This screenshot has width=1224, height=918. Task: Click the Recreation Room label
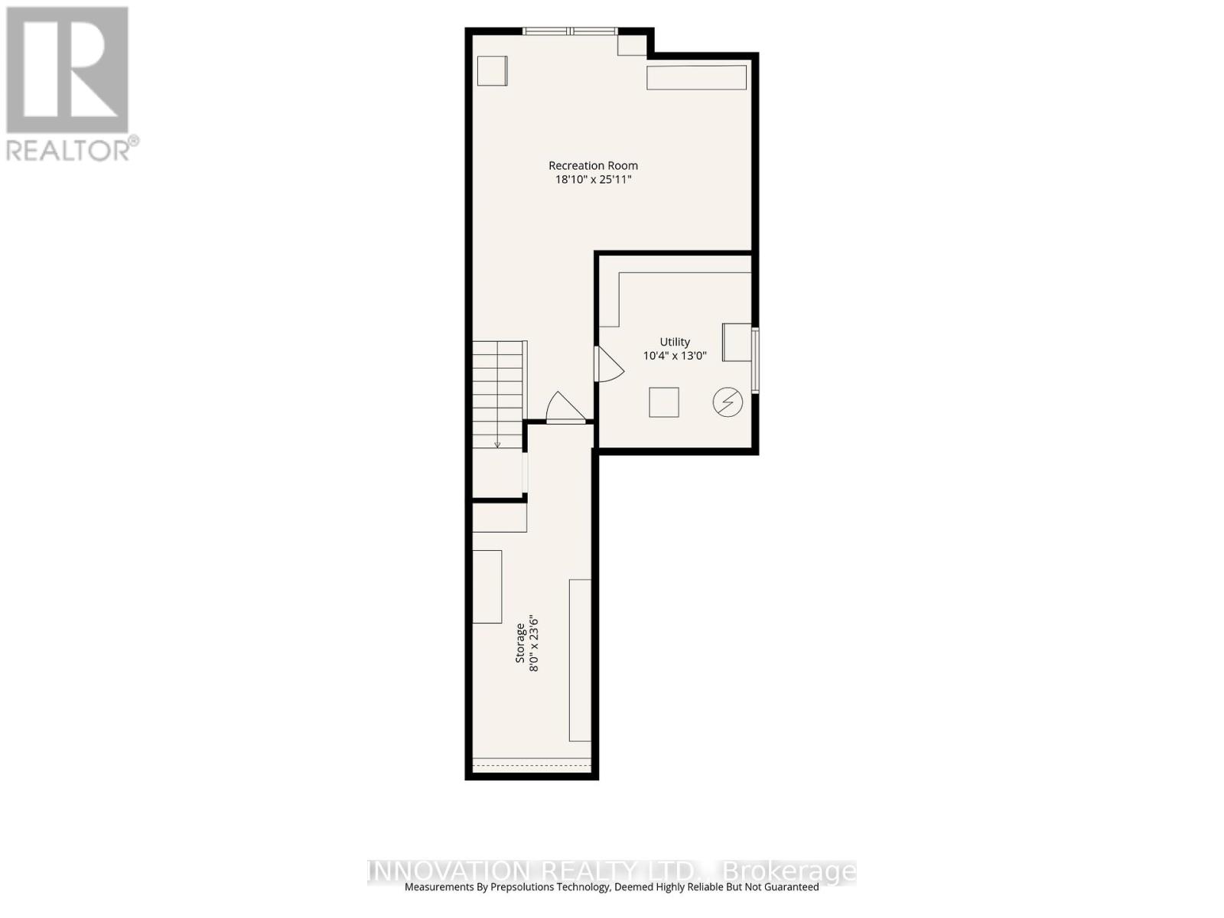(x=593, y=165)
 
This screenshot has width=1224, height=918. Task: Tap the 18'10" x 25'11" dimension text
(x=593, y=180)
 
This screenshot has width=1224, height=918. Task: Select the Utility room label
(x=675, y=342)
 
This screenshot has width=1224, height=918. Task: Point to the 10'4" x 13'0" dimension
(x=675, y=356)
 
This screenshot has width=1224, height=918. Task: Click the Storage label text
(x=519, y=643)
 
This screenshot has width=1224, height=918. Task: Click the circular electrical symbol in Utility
(x=728, y=402)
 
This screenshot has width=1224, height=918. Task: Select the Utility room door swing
(x=610, y=364)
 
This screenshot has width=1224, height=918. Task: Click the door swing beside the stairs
(x=565, y=408)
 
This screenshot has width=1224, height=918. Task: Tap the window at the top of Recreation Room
(x=570, y=31)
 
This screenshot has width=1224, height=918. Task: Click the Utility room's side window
(x=756, y=360)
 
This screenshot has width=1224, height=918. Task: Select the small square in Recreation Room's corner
(x=492, y=71)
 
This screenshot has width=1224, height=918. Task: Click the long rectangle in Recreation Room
(x=696, y=77)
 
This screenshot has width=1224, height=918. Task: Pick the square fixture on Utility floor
(x=664, y=402)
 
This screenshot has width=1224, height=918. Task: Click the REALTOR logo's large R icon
(x=67, y=70)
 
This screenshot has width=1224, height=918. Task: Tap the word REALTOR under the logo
(x=67, y=149)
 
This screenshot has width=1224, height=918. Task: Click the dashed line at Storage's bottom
(x=532, y=765)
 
